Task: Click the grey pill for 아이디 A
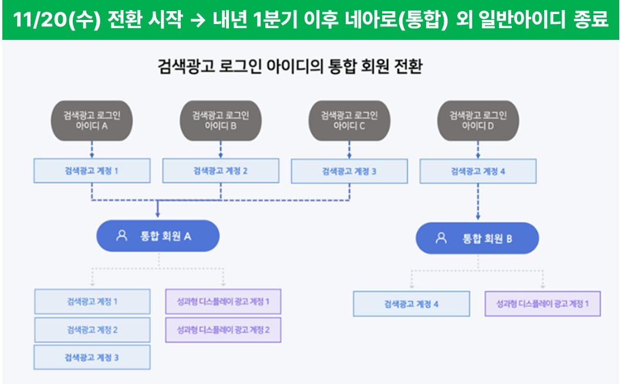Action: tap(92, 121)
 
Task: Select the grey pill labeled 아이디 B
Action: tap(221, 121)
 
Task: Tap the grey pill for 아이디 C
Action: tap(349, 121)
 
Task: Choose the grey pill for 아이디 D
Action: tap(478, 121)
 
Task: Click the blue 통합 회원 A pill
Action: tap(158, 236)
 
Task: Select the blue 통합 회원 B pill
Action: tap(477, 238)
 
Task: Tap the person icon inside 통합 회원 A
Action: tap(122, 236)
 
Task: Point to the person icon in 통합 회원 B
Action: tap(441, 237)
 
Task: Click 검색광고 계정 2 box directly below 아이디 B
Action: tap(221, 171)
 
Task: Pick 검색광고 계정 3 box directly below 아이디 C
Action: tap(349, 171)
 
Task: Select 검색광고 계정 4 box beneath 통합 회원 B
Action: tap(411, 304)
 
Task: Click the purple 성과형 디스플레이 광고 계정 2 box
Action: tap(224, 330)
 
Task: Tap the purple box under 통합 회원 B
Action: tap(542, 304)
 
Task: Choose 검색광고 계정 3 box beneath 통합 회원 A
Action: tap(92, 358)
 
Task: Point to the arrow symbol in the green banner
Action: tap(198, 20)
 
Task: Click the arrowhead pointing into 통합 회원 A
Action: tap(158, 215)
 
